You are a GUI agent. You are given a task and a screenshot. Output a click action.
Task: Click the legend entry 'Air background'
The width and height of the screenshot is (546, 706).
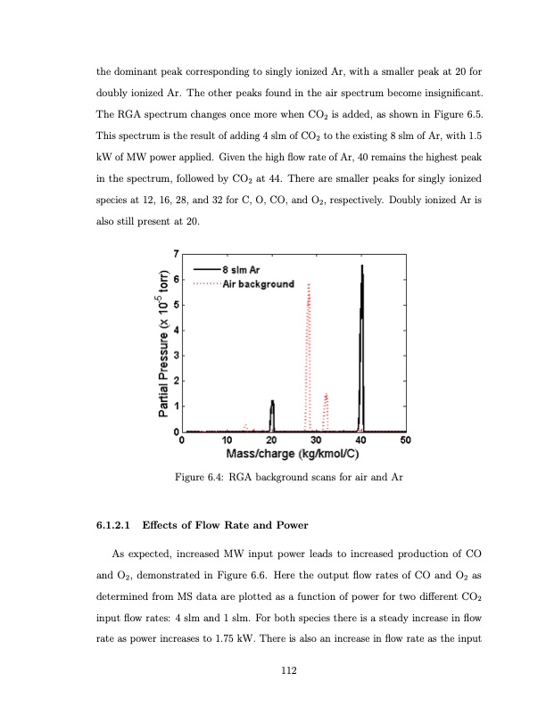tap(258, 283)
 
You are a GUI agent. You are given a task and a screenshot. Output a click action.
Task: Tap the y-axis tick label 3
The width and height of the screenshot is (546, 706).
tap(176, 357)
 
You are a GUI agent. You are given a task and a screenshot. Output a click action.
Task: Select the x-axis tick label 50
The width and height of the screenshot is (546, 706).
tap(405, 440)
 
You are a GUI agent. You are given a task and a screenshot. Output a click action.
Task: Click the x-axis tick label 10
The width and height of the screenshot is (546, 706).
tap(227, 440)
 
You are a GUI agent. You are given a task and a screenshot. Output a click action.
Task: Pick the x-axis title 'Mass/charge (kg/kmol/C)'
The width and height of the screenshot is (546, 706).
tap(294, 455)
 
